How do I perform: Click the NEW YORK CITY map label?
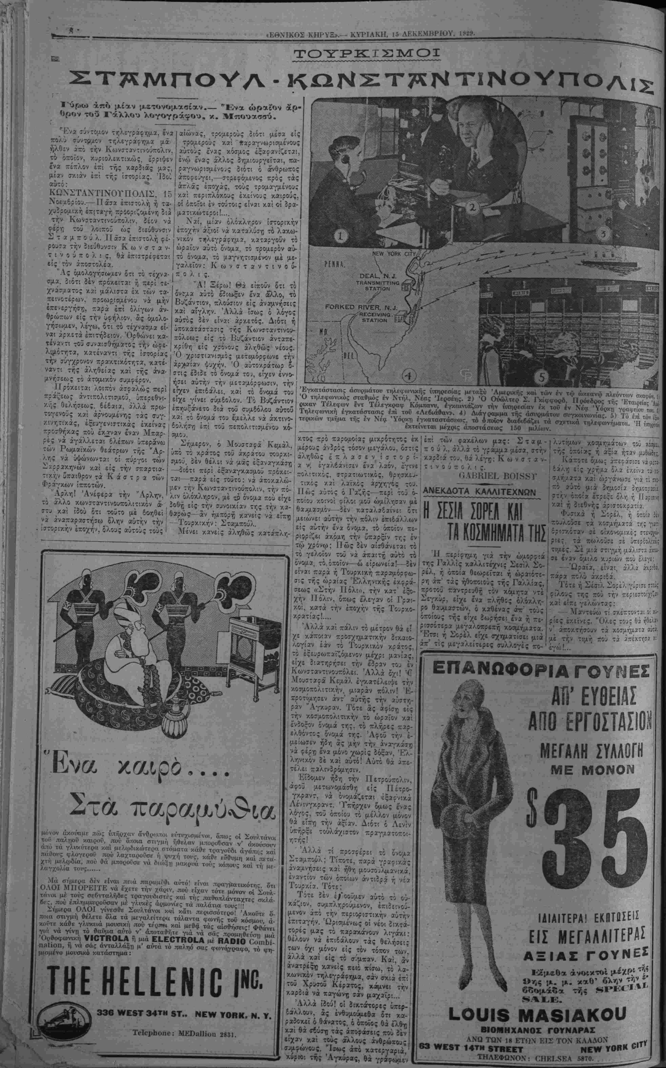(x=394, y=254)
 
